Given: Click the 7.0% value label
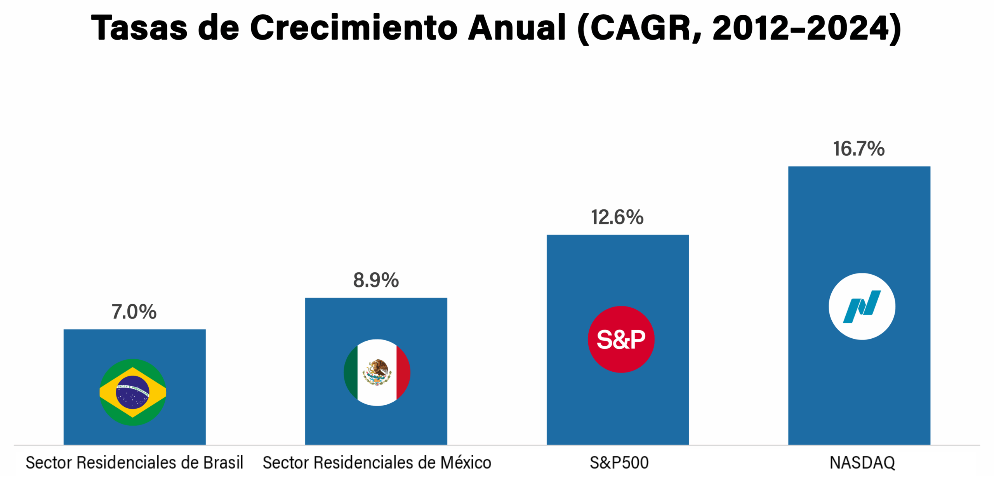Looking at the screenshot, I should pyautogui.click(x=134, y=312).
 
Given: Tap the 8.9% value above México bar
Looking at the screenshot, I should pyautogui.click(x=376, y=280).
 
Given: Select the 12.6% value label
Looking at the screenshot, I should pyautogui.click(x=617, y=217).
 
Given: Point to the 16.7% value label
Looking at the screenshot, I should pyautogui.click(x=858, y=149).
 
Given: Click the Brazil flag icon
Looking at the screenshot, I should pyautogui.click(x=133, y=392).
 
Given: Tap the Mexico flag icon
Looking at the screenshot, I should pyautogui.click(x=377, y=373).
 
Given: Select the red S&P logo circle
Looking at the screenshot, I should pyautogui.click(x=621, y=339).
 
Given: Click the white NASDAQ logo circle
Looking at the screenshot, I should pyautogui.click(x=862, y=306).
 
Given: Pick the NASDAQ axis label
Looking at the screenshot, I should pyautogui.click(x=862, y=463).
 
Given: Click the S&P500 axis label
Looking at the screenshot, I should pyautogui.click(x=619, y=463).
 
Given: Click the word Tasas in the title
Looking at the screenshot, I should pyautogui.click(x=139, y=28).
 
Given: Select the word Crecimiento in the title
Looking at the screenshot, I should pyautogui.click(x=354, y=28).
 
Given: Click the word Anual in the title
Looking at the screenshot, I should pyautogui.click(x=517, y=28).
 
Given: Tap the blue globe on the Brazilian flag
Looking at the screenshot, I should pyautogui.click(x=132, y=392).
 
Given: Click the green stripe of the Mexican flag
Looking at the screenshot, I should pyautogui.click(x=351, y=373).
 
